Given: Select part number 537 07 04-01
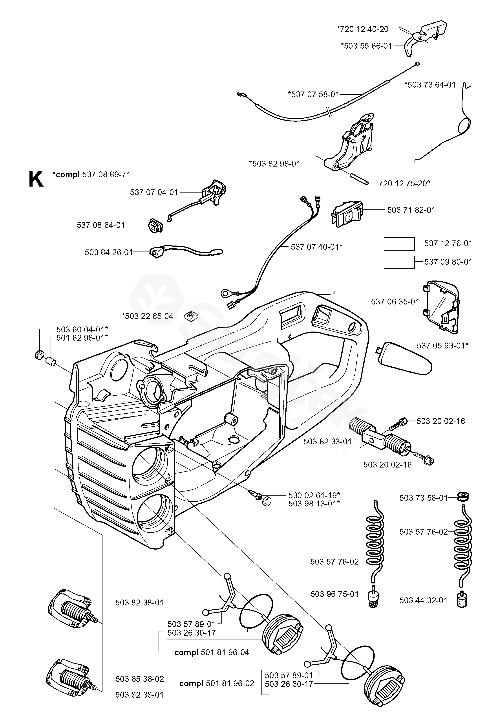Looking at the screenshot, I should (154, 192).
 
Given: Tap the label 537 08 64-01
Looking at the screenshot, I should (101, 225).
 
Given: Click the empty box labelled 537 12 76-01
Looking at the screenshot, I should (399, 244).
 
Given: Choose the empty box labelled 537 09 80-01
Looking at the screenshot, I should (399, 262).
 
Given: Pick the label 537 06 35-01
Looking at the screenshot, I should (395, 302).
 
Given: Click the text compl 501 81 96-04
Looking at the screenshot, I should (212, 653).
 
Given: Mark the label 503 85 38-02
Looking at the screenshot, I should (140, 679).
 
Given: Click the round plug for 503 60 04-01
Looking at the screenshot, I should (39, 355).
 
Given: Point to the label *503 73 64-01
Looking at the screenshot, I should (430, 85).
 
